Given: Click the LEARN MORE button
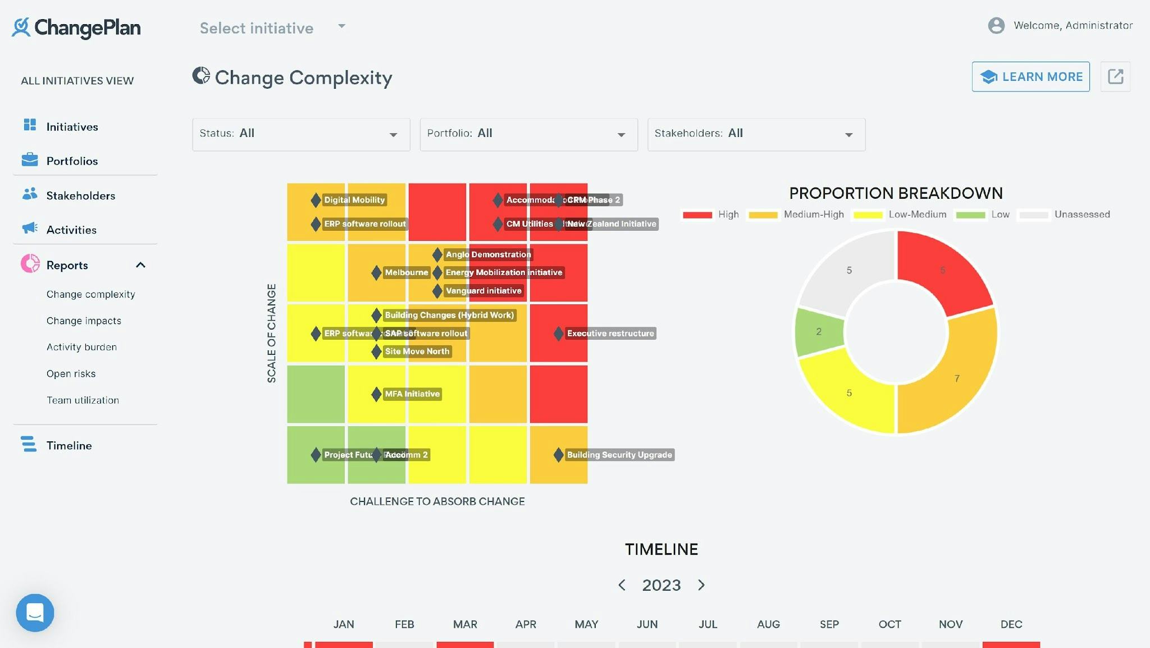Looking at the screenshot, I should pyautogui.click(x=1030, y=77).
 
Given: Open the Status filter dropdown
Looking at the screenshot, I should pyautogui.click(x=301, y=134).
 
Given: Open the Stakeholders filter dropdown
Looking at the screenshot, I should pyautogui.click(x=756, y=134).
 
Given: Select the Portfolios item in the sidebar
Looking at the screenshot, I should pyautogui.click(x=72, y=161).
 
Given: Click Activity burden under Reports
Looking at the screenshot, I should pyautogui.click(x=81, y=347).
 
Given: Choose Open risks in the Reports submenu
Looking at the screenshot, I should pyautogui.click(x=71, y=373).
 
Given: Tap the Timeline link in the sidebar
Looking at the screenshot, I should pyautogui.click(x=69, y=445).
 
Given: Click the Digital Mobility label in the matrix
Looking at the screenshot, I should pyautogui.click(x=354, y=200).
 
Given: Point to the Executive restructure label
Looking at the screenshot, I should pyautogui.click(x=610, y=334).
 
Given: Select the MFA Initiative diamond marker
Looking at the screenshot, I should pyautogui.click(x=376, y=394).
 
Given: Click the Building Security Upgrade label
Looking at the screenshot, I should pyautogui.click(x=619, y=455).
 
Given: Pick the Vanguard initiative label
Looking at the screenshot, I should pyautogui.click(x=483, y=291).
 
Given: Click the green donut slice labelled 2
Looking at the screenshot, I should pyautogui.click(x=819, y=332).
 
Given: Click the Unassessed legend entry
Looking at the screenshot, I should pyautogui.click(x=1081, y=215).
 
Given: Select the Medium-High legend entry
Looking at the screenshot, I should pyautogui.click(x=813, y=215).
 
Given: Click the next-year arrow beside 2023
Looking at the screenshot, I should pyautogui.click(x=701, y=585).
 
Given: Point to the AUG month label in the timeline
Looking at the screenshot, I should pyautogui.click(x=768, y=624).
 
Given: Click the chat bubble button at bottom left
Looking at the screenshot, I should pyautogui.click(x=35, y=613).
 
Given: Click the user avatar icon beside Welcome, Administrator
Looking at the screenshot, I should pyautogui.click(x=996, y=25).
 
